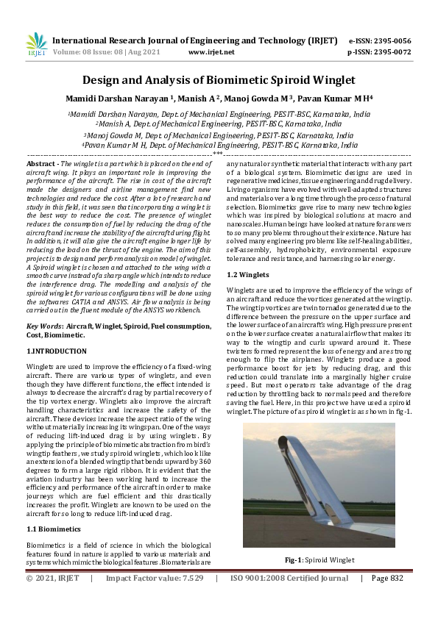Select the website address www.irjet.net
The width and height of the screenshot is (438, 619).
[211, 52]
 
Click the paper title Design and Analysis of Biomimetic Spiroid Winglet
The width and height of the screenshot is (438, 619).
[219, 79]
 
